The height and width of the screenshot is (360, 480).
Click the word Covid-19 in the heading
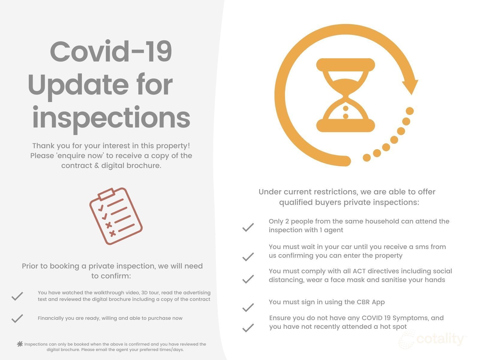tap(111, 51)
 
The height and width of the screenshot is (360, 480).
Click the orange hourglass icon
tap(346, 95)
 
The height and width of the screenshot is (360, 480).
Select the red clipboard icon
tap(116, 216)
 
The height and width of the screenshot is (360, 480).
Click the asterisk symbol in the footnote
tap(20, 344)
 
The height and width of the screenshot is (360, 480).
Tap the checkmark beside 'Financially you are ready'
tap(17, 318)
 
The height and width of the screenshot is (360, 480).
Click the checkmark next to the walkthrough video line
tap(17, 296)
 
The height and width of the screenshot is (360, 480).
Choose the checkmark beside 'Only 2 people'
tap(248, 227)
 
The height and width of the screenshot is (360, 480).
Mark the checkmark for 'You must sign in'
tap(248, 307)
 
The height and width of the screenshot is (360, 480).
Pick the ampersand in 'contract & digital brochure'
tap(97, 166)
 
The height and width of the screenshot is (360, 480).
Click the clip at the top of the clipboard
tap(106, 194)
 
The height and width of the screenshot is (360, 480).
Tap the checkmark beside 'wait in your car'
tap(248, 257)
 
